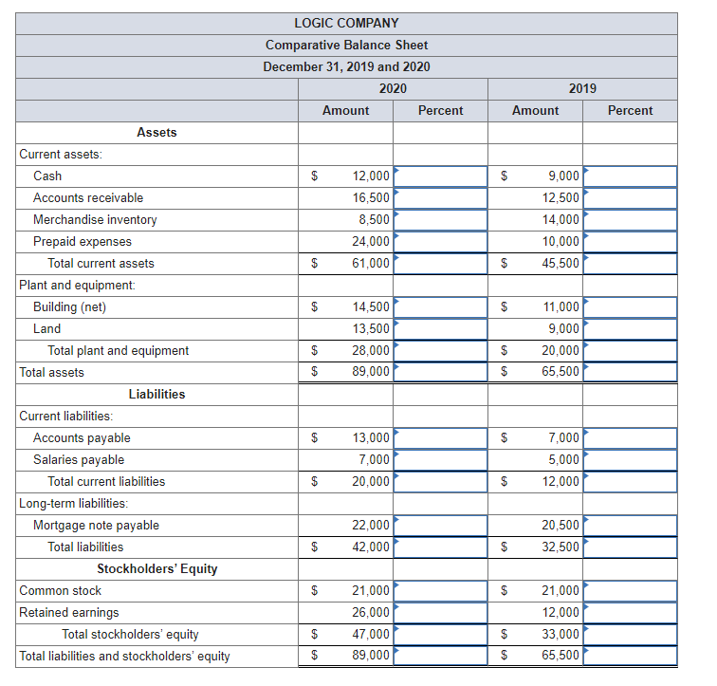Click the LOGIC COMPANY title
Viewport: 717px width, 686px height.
(346, 23)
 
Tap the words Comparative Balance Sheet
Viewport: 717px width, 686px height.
(346, 45)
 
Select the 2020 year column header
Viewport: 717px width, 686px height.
(393, 88)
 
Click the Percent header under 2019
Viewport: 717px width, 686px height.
(630, 110)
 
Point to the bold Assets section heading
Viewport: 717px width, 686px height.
(156, 132)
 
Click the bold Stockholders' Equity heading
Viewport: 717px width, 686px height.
(156, 568)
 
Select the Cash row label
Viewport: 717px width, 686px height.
(47, 176)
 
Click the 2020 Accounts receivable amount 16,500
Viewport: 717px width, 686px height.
(371, 197)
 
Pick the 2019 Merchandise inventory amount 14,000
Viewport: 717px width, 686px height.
(561, 219)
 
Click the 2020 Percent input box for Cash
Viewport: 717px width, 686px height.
(440, 176)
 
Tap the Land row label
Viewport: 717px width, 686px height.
(46, 328)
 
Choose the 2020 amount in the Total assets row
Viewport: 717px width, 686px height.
(371, 372)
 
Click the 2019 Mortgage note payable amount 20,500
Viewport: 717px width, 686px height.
(561, 525)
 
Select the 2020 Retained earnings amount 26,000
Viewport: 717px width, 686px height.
(371, 612)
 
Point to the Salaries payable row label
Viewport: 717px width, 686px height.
(79, 459)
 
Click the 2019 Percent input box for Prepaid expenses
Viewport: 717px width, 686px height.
(630, 241)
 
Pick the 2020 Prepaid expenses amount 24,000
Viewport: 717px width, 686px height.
(371, 241)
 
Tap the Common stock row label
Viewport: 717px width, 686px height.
(61, 590)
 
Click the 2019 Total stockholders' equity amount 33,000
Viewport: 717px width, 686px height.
(561, 634)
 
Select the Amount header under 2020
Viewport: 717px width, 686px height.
(345, 110)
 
